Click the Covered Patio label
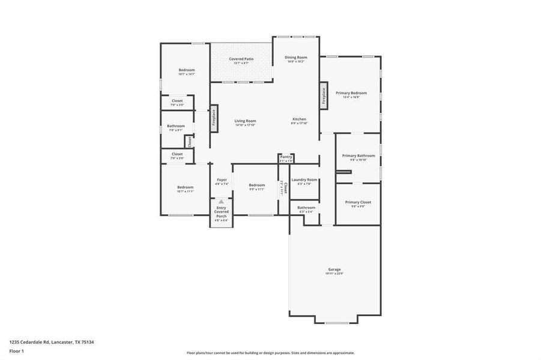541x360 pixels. (x=241, y=59)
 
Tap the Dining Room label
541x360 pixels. (x=295, y=57)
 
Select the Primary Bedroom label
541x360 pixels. (x=351, y=93)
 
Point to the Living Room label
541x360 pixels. (x=245, y=121)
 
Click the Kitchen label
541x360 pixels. (x=299, y=119)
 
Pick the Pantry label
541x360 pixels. (x=286, y=157)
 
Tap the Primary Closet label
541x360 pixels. (x=358, y=202)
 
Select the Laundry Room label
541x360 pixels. (x=304, y=179)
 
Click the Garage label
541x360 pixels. (x=334, y=269)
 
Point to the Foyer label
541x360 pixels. (x=222, y=179)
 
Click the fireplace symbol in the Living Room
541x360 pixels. (x=213, y=118)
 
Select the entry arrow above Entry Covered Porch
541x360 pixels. (x=222, y=202)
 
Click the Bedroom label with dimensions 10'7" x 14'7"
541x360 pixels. (x=187, y=70)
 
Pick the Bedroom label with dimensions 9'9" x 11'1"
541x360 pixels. (x=257, y=185)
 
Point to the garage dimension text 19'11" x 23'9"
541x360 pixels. (x=334, y=274)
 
